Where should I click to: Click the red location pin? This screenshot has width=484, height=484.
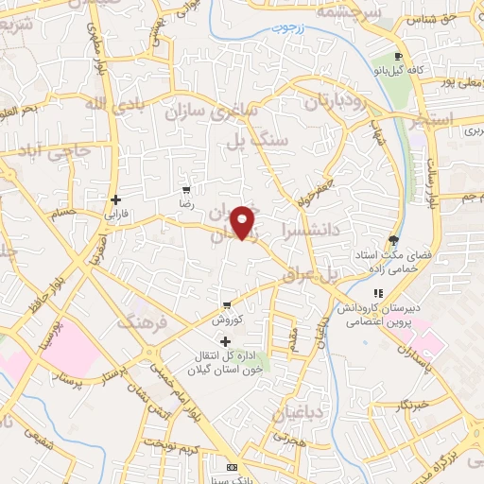[x=244, y=221]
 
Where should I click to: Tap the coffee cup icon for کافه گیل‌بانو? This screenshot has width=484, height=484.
[x=399, y=57]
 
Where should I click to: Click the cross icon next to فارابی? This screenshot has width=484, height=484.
[x=115, y=199]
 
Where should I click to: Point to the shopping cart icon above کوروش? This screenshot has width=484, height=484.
[x=227, y=305]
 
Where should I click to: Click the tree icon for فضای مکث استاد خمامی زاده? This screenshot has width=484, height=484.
[x=394, y=240]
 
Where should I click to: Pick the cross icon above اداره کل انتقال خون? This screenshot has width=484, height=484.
[x=225, y=340]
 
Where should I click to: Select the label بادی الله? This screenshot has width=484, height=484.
[x=112, y=102]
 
